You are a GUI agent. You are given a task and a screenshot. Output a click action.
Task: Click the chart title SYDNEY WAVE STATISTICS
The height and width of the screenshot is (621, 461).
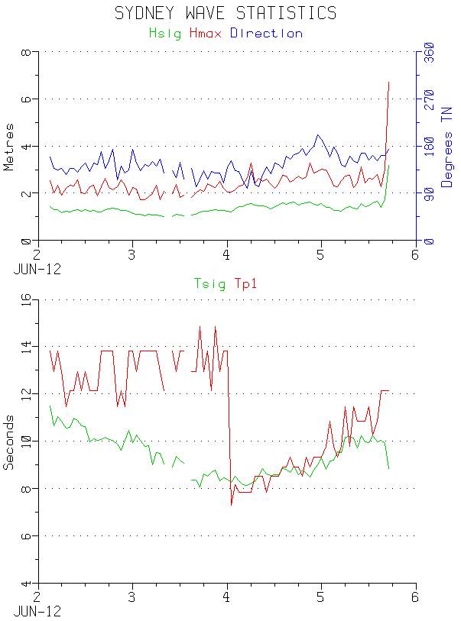pyautogui.click(x=225, y=13)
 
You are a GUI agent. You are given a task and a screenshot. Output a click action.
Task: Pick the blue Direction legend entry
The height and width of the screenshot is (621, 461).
pyautogui.click(x=266, y=34)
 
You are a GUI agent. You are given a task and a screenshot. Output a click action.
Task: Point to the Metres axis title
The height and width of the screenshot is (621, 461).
pyautogui.click(x=10, y=147)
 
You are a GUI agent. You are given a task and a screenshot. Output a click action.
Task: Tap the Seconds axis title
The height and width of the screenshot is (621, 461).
pyautogui.click(x=10, y=442)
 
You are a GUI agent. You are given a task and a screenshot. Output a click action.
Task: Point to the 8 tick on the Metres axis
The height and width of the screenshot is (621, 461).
pyautogui.click(x=25, y=53)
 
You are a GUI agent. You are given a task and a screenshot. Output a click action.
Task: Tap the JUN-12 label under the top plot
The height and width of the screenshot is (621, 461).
pyautogui.click(x=37, y=270)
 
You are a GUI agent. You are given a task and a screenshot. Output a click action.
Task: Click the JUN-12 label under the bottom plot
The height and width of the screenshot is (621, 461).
pyautogui.click(x=37, y=612)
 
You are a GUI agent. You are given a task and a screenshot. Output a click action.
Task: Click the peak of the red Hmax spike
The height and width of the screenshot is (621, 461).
pyautogui.click(x=389, y=82)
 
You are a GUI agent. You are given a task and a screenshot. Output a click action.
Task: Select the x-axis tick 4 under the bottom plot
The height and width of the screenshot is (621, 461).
pyautogui.click(x=227, y=598)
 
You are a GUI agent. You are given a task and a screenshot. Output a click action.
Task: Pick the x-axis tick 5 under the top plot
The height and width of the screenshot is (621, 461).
pyautogui.click(x=321, y=255)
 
